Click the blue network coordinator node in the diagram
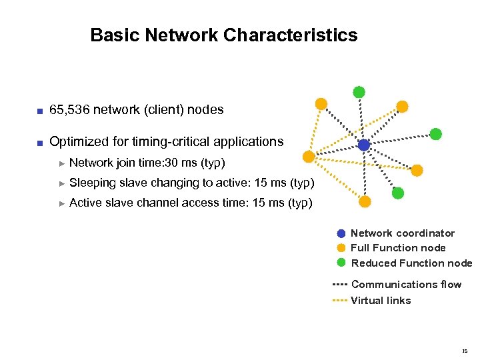coord(363,145)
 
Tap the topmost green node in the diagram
coord(359,92)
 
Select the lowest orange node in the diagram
coord(365,202)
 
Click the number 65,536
coord(70,109)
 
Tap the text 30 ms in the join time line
coord(175,163)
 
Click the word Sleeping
coord(93,183)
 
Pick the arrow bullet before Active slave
coord(62,203)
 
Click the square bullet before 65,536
coord(40,110)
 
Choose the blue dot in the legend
coord(341,233)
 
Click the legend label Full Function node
coord(398,248)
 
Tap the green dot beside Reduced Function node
coord(341,263)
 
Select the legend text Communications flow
coord(406,285)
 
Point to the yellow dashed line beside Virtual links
coord(340,301)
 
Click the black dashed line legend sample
coord(340,285)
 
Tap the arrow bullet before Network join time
coord(62,163)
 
